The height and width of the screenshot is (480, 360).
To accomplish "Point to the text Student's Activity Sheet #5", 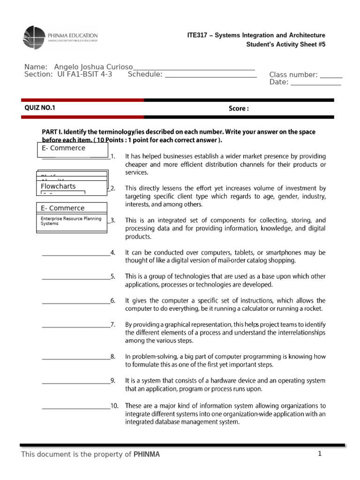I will [285, 45].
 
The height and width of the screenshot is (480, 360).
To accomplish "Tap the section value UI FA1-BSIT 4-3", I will [84, 74].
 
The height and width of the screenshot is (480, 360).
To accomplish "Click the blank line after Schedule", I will [211, 75].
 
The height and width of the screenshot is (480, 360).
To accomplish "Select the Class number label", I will [293, 75].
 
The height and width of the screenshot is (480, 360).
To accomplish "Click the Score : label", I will [239, 108].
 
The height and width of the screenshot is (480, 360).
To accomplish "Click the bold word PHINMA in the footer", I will [147, 454].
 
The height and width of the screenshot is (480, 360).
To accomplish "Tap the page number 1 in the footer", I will [319, 454].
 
